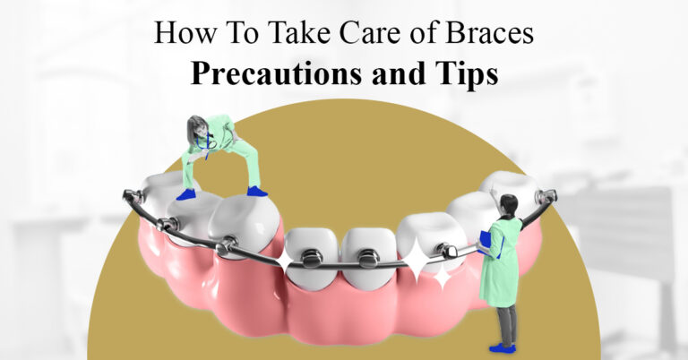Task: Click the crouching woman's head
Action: (198, 126)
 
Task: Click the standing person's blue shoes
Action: (501, 347)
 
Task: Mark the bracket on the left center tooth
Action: (312, 257)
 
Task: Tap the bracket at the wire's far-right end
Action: (544, 195)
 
